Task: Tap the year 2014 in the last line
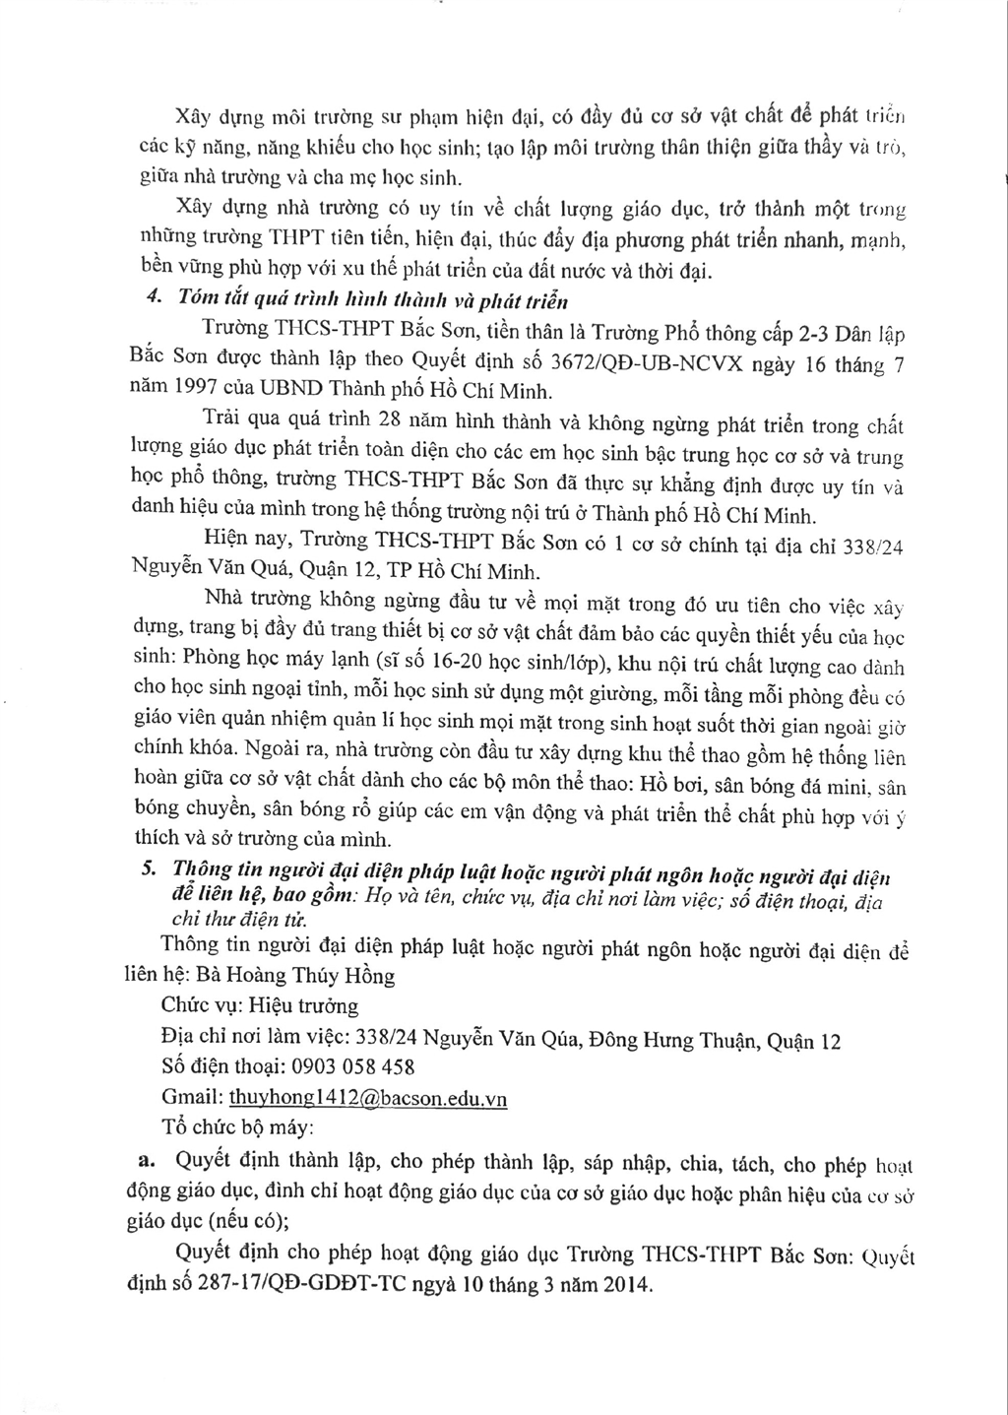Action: click(624, 1285)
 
